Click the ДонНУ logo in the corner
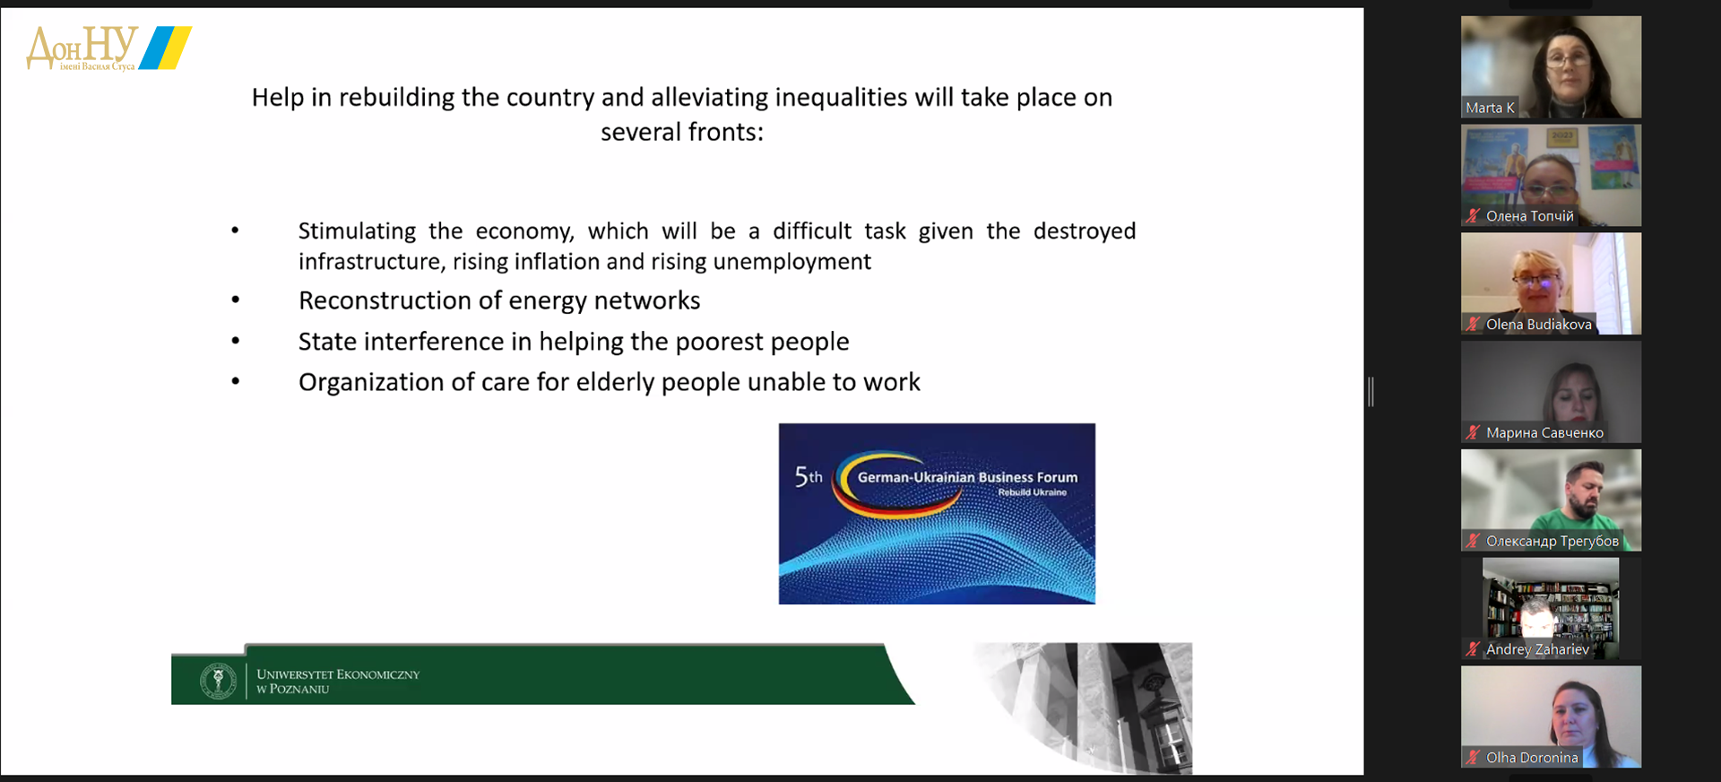pos(108,48)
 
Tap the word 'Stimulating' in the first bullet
pos(357,231)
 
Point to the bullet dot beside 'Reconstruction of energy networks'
pos(236,300)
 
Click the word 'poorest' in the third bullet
pos(719,342)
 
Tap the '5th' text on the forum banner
pos(809,476)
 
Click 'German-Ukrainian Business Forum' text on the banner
pos(967,477)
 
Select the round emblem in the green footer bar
pos(218,681)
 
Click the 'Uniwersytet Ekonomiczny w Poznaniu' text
pos(338,682)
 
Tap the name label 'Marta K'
pos(1490,108)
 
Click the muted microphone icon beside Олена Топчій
pos(1473,215)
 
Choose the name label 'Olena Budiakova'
pos(1538,325)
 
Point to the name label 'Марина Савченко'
pos(1544,433)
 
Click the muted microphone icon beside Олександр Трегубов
pos(1473,541)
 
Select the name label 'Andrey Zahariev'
pos(1537,649)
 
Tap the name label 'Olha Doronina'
pos(1532,758)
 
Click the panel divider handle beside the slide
pos(1371,392)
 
